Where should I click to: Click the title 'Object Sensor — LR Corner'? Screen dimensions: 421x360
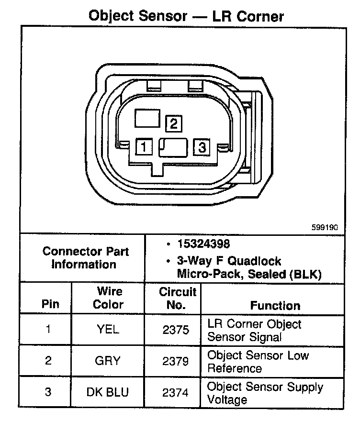[186, 16]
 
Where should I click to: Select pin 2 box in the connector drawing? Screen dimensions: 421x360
[173, 124]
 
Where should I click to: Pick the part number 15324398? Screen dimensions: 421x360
[203, 244]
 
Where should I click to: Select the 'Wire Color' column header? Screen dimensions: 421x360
[108, 298]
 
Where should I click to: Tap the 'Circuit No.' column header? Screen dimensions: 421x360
[178, 298]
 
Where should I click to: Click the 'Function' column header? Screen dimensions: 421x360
[275, 305]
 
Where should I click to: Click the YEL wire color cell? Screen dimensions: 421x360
[108, 330]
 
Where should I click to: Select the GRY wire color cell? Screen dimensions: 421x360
[108, 361]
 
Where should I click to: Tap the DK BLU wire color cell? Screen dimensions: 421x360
[108, 392]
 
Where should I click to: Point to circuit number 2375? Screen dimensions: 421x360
[176, 330]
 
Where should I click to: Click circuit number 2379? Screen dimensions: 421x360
[176, 361]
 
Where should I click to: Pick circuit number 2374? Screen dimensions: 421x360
[176, 392]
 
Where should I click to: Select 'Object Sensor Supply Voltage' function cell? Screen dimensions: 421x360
[265, 393]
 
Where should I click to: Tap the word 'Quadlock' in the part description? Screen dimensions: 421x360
[258, 261]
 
